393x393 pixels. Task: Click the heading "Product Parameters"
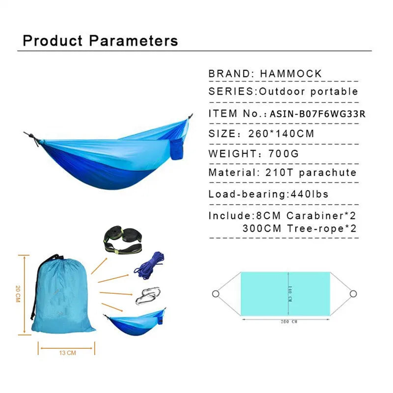click(x=101, y=40)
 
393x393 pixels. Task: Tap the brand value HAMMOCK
click(x=291, y=74)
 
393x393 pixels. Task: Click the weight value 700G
click(x=284, y=153)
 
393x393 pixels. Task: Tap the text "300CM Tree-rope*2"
click(x=299, y=228)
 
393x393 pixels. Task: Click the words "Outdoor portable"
click(x=309, y=91)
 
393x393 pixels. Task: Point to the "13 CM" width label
click(x=67, y=352)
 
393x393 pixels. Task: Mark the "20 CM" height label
click(x=18, y=294)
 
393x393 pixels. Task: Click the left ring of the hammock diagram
click(x=215, y=294)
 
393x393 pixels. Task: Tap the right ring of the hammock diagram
click(x=353, y=294)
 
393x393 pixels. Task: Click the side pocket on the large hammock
click(x=178, y=148)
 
